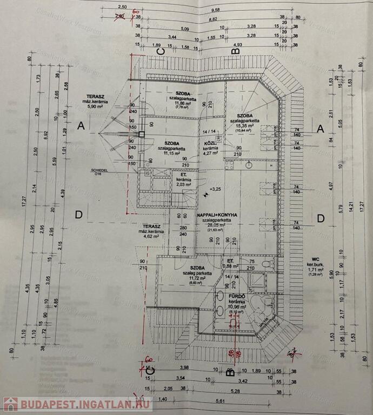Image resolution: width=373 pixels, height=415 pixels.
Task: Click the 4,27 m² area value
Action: [x=210, y=153]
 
